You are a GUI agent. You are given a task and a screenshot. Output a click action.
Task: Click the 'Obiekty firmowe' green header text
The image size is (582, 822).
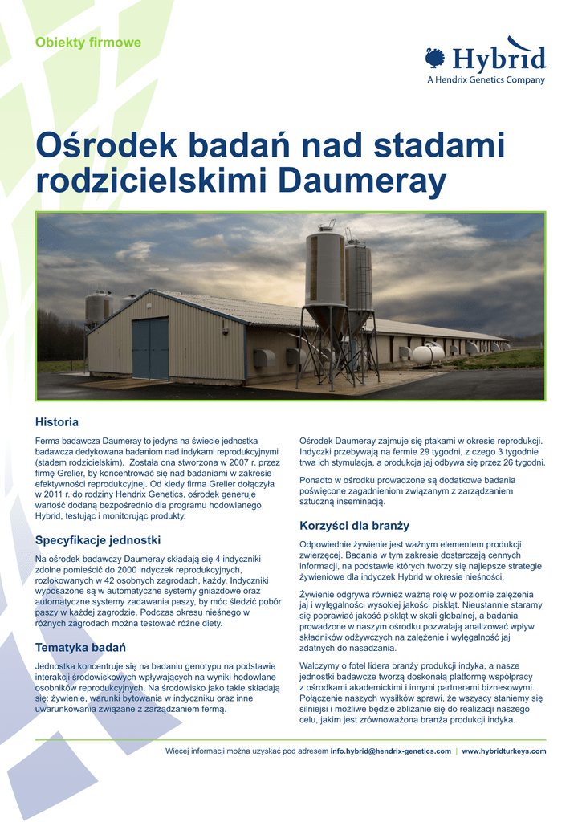(88, 43)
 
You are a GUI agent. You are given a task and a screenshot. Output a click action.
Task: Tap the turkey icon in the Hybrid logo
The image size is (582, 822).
(435, 58)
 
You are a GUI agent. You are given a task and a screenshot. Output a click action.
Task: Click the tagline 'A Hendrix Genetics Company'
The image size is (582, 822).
(486, 79)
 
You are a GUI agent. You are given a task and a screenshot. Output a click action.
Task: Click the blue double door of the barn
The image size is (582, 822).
(150, 348)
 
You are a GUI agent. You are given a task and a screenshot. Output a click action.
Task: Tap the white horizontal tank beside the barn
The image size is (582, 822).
(427, 354)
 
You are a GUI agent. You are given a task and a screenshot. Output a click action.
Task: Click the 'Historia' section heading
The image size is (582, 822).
(57, 421)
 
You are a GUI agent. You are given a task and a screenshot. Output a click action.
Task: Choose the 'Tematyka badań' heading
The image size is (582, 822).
(80, 647)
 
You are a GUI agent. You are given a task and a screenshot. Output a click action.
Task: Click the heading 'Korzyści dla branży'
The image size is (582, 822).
(354, 526)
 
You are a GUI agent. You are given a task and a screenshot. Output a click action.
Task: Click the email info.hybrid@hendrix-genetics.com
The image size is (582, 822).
(391, 751)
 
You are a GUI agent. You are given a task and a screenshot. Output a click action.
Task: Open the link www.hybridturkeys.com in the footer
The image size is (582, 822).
(504, 751)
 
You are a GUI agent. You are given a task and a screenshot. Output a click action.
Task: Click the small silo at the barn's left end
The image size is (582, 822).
(98, 308)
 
